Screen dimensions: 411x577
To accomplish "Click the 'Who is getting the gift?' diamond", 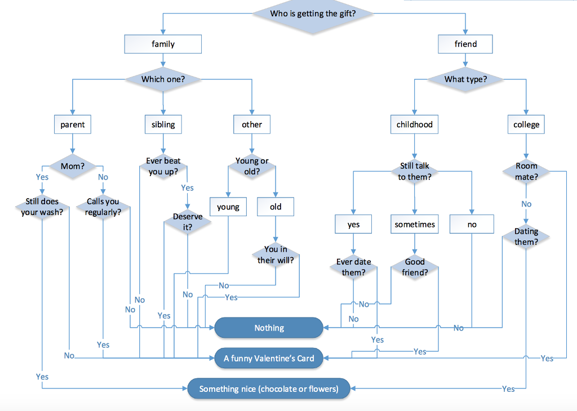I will [x=313, y=14].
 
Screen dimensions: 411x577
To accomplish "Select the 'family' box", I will [x=163, y=44].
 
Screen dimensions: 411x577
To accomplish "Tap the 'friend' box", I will [x=465, y=44].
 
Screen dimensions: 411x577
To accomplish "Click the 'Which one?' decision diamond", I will [x=163, y=79].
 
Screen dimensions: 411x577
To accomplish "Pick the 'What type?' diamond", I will [x=465, y=79].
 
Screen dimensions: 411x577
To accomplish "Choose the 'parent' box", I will [x=73, y=124].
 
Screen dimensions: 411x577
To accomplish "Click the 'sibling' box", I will [x=163, y=124].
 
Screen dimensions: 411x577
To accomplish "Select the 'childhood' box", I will [x=414, y=124].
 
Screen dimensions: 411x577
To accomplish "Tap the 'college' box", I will [x=526, y=124].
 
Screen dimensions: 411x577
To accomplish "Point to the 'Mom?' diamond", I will [x=73, y=166].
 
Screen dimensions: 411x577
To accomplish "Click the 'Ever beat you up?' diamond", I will [x=163, y=166].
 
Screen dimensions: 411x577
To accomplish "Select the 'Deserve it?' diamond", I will [x=187, y=222].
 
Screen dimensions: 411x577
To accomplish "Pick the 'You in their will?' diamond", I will [x=275, y=254].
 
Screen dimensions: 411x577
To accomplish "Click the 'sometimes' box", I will [x=415, y=224].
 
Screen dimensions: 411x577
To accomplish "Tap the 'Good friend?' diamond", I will [x=415, y=267].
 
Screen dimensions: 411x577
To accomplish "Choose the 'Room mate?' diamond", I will [x=526, y=171].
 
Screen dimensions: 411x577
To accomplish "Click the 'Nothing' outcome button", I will [x=269, y=328].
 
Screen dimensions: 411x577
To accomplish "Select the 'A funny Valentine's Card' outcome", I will [x=269, y=358].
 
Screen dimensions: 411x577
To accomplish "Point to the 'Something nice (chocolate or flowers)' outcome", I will [x=269, y=388].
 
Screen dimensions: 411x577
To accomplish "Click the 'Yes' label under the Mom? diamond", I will [x=42, y=177].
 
